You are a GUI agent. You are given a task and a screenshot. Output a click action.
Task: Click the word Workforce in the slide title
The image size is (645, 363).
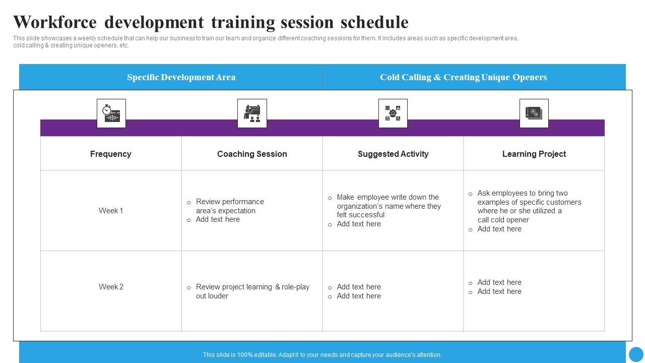54,22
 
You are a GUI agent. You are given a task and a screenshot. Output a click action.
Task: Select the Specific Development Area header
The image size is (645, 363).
181,77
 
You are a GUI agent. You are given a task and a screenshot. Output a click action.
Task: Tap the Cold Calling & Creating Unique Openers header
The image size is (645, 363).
463,77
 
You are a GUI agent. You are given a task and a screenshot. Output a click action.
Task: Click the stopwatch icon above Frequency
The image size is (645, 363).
111,113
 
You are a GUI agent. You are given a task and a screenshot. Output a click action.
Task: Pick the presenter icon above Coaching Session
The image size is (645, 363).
252,113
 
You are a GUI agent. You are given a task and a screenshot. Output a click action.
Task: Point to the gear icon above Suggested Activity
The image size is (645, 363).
393,113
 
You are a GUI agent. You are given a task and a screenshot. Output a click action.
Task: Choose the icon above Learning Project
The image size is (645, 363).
534,113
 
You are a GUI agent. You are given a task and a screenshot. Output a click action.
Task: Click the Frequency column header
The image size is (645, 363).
110,154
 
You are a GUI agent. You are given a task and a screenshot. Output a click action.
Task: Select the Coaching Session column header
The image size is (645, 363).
252,154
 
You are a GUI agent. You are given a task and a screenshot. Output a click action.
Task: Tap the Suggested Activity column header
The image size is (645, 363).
393,154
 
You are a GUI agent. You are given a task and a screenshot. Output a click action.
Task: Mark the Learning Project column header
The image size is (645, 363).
534,154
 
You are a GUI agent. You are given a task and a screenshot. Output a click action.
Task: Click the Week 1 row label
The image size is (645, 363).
111,211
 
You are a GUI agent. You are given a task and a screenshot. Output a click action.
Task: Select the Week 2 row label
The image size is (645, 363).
111,287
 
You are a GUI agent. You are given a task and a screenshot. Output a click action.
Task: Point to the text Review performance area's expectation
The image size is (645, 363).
229,206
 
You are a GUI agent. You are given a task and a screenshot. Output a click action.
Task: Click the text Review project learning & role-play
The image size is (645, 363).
252,287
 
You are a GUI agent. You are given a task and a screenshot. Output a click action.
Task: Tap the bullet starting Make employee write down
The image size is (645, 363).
388,206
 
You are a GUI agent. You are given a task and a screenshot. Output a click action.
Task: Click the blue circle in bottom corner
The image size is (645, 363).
636,354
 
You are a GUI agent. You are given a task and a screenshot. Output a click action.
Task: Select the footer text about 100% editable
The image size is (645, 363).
322,355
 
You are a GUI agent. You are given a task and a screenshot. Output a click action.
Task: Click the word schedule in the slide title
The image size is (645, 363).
374,22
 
